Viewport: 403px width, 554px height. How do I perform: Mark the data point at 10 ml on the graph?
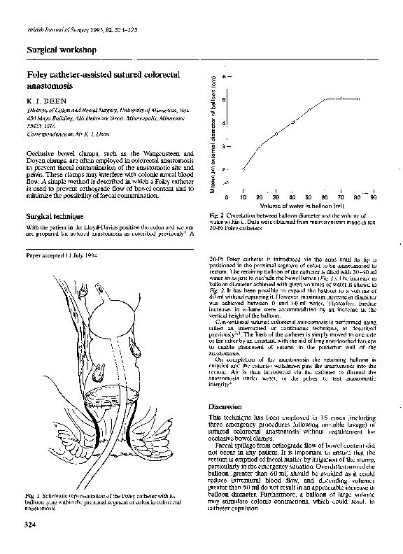pyautogui.click(x=243, y=169)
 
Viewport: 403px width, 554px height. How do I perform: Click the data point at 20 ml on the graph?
pyautogui.click(x=260, y=145)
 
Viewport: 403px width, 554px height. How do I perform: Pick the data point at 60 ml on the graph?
pyautogui.click(x=325, y=99)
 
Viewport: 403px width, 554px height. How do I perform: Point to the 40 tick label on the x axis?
pyautogui.click(x=292, y=198)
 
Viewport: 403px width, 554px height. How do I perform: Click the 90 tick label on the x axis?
pyautogui.click(x=374, y=198)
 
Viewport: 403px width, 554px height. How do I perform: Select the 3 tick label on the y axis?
pyautogui.click(x=223, y=146)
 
